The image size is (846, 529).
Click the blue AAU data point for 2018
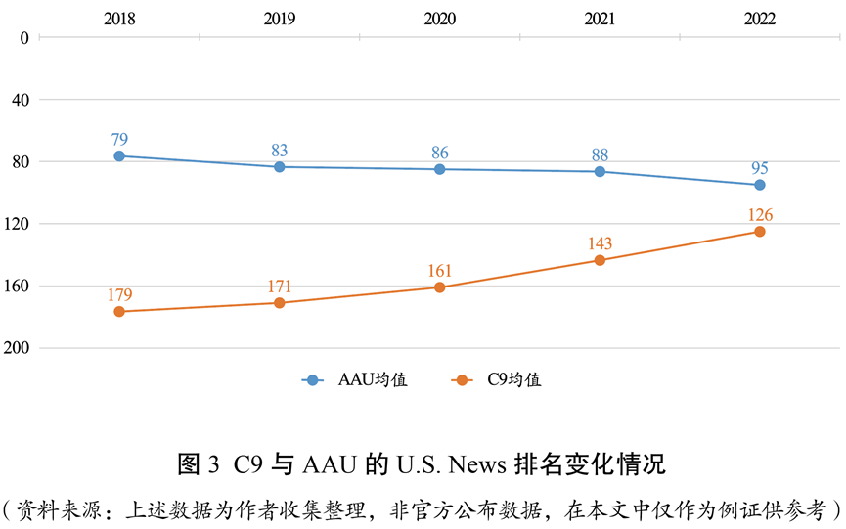click(x=119, y=156)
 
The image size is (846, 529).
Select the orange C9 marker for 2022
click(x=759, y=232)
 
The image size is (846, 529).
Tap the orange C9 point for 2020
click(x=439, y=287)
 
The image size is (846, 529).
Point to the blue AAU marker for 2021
click(x=600, y=172)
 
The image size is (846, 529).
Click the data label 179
click(x=119, y=295)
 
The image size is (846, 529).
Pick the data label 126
click(x=759, y=215)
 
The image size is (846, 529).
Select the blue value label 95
click(x=759, y=168)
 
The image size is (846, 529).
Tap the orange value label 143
click(x=600, y=243)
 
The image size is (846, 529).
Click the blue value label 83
click(x=280, y=151)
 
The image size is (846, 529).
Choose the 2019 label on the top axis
click(x=280, y=17)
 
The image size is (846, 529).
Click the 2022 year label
click(x=759, y=17)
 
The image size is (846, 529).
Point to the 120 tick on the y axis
click(x=20, y=224)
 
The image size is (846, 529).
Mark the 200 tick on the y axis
click(x=20, y=348)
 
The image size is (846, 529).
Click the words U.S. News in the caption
click(x=442, y=462)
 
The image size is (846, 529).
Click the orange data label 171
click(x=280, y=287)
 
